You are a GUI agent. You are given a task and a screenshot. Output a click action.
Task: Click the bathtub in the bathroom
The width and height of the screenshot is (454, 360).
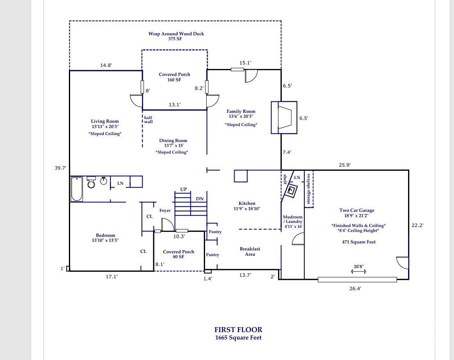77,189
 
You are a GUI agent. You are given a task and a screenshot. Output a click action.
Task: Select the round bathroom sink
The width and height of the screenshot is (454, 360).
104,181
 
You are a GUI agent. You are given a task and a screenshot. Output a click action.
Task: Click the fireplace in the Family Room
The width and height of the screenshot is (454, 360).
284,117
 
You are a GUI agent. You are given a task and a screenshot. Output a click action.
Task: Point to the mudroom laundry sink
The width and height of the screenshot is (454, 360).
292,190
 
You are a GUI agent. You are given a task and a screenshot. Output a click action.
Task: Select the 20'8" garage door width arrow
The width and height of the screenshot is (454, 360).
359,271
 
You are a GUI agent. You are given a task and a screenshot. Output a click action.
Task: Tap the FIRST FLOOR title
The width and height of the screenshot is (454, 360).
238,330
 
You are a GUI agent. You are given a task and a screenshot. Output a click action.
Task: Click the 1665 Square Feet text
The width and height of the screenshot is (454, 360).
238,338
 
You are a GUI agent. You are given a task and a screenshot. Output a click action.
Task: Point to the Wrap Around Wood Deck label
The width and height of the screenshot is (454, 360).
176,34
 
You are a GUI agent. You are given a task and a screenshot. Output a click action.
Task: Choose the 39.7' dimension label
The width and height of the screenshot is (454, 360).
60,168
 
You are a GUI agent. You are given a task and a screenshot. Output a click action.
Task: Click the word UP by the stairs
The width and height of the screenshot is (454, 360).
183,189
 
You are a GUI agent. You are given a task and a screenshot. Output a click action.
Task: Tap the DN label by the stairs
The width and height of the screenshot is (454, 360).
200,199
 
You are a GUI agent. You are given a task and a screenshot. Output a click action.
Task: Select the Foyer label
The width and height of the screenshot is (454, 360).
165,211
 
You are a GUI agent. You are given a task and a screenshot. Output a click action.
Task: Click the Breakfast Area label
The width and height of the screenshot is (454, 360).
250,252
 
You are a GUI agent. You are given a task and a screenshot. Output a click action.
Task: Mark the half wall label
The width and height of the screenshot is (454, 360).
148,119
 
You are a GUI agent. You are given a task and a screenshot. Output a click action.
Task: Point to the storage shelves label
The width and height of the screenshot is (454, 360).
308,189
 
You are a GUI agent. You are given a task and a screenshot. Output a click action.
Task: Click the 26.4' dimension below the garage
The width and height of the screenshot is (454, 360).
355,289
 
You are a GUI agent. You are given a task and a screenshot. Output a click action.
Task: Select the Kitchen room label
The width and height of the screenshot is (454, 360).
247,204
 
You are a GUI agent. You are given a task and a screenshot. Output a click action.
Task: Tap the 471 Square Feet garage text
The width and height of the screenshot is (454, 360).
359,242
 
